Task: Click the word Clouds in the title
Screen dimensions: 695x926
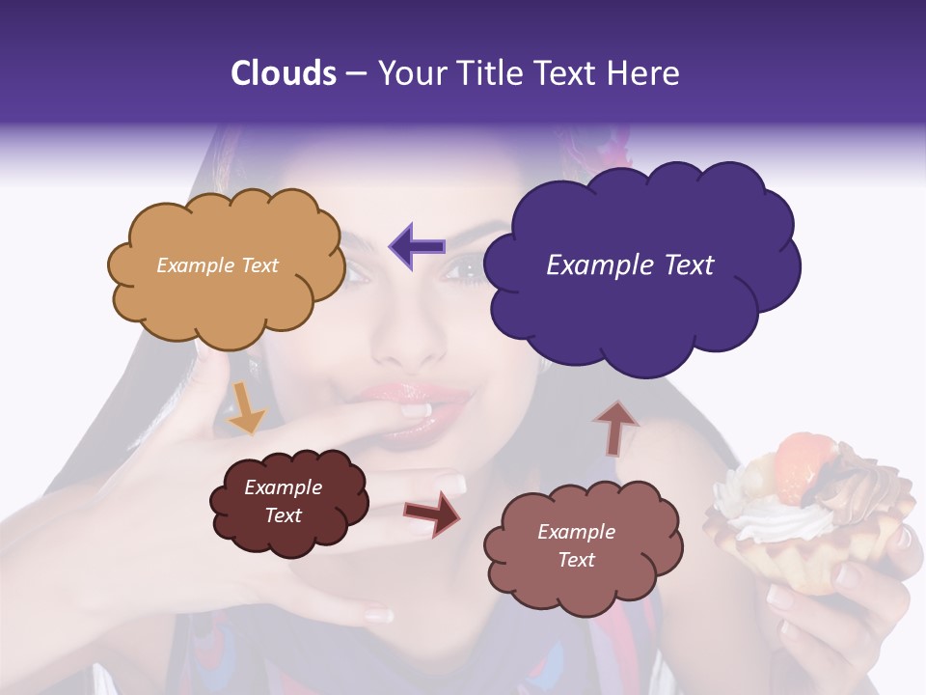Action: tap(284, 73)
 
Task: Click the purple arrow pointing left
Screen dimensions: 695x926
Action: tap(418, 246)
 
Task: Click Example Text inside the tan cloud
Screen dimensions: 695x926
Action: tap(217, 265)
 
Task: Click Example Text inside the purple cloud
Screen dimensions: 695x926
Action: tap(630, 265)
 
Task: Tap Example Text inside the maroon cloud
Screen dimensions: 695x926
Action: tap(283, 501)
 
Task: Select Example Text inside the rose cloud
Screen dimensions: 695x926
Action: tap(576, 545)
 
